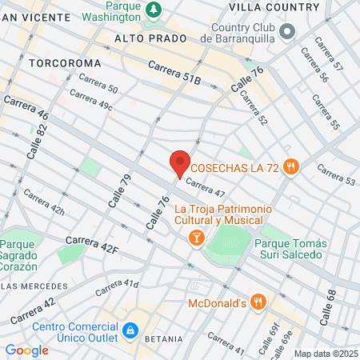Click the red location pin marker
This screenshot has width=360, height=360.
(180, 163)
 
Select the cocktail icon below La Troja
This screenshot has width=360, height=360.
(195, 237)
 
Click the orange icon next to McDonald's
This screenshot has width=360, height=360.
(258, 302)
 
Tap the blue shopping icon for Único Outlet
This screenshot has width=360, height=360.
(130, 330)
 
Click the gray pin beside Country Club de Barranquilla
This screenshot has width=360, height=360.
(286, 30)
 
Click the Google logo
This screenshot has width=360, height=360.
(26, 350)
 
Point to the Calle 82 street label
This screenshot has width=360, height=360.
(32, 143)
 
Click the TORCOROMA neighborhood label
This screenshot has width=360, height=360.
(65, 62)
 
